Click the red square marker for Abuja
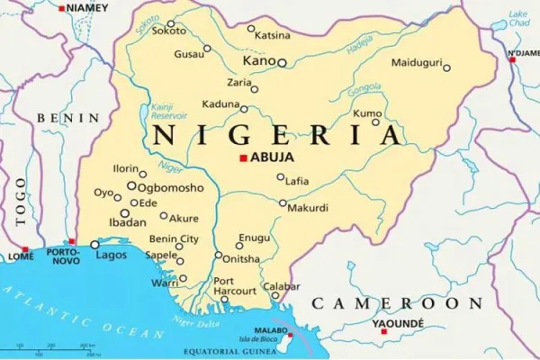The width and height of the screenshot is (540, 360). click(242, 158)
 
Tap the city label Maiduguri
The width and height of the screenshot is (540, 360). click(415, 62)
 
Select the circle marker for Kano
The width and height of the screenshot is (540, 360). click(282, 63)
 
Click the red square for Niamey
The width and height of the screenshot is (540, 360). click(61, 8)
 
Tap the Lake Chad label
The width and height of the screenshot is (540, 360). click(518, 19)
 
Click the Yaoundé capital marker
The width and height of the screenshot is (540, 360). click(384, 331)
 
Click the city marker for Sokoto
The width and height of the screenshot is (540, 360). click(171, 24)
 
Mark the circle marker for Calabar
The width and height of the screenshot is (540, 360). click(275, 293)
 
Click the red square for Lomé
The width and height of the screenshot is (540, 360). click(25, 249)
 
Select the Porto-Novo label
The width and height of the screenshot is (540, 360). click(63, 256)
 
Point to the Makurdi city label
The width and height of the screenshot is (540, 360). click(308, 209)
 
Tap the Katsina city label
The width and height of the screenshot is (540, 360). click(273, 36)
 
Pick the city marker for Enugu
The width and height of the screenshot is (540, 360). click(240, 245)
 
